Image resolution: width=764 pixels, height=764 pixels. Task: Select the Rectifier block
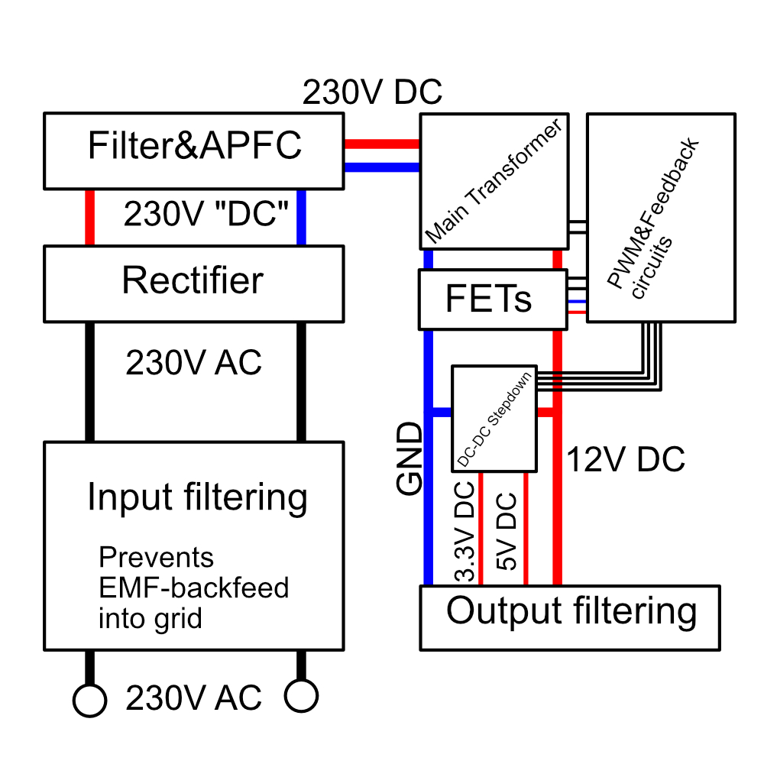point(193,282)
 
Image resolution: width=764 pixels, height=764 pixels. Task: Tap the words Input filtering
point(197,497)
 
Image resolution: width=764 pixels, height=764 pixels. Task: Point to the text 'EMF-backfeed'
point(194,588)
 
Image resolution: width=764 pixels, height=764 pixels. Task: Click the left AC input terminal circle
point(89,699)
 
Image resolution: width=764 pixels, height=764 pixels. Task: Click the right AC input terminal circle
point(301,696)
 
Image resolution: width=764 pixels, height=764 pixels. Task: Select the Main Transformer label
point(493,181)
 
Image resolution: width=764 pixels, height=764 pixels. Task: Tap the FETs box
point(488,299)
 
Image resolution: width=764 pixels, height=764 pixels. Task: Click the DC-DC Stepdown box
point(494,418)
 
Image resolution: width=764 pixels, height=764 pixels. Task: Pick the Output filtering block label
point(571,611)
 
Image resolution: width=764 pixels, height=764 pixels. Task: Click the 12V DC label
point(626,460)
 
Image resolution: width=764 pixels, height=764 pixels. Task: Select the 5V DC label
point(506,533)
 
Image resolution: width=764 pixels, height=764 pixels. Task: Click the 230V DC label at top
point(372,92)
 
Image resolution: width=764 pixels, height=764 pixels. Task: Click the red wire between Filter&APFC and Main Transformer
point(382,143)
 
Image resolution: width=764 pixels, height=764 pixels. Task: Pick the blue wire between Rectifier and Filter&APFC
point(301,218)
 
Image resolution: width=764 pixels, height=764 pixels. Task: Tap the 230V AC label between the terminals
point(193,698)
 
